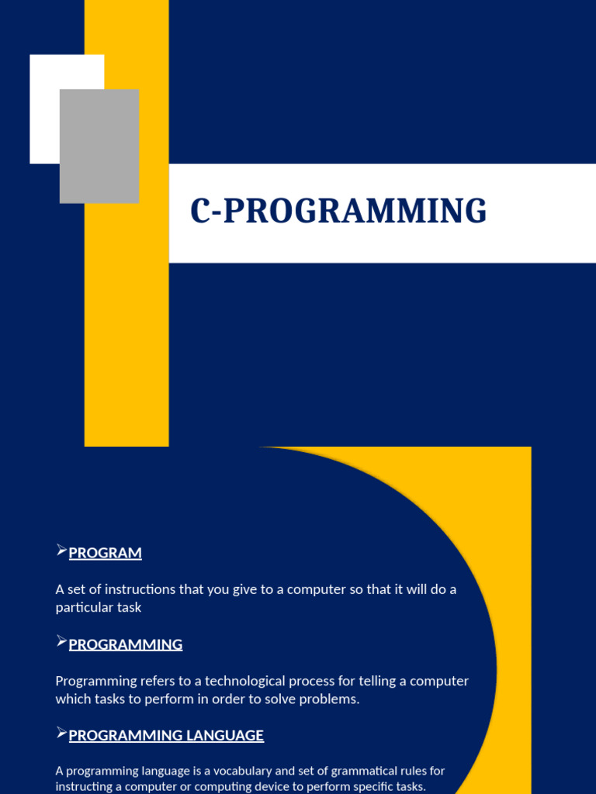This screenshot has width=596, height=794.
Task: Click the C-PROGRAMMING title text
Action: pos(338,212)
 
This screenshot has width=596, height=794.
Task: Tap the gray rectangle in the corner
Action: pos(99,147)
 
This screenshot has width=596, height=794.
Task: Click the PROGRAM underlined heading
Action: pos(105,553)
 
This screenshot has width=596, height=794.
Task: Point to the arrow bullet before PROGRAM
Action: pos(62,551)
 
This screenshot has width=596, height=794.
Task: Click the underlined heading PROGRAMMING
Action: pos(126,644)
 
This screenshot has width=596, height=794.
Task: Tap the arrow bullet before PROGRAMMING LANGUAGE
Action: pos(62,733)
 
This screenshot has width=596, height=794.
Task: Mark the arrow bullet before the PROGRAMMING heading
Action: pos(62,641)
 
